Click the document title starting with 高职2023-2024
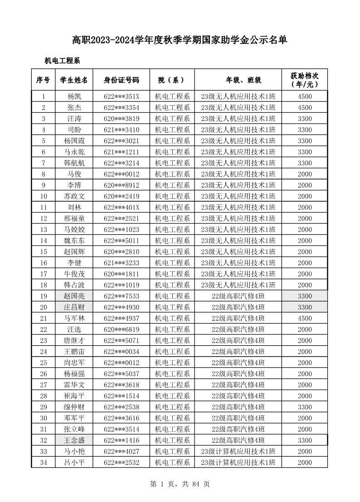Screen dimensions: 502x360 tap(180, 40)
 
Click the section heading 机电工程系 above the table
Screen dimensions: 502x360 tap(62, 60)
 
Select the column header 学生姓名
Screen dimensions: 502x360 tap(74, 80)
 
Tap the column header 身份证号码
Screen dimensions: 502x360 tap(121, 80)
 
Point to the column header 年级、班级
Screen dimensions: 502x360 tap(238, 80)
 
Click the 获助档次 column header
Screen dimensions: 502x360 tap(304, 80)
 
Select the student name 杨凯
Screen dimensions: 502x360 tap(74, 97)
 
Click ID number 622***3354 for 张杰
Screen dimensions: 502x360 tap(121, 107)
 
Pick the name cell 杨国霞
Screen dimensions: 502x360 tap(74, 141)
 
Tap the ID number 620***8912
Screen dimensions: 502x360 tap(121, 185)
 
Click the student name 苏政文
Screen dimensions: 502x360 tap(74, 196)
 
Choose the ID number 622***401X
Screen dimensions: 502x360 tap(121, 208)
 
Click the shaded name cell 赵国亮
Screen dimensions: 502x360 tap(74, 296)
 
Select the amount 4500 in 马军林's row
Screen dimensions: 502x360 tap(304, 319)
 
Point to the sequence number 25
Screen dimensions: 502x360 tap(44, 363)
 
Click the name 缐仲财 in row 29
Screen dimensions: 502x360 tap(74, 407)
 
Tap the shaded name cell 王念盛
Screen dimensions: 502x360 tap(74, 440)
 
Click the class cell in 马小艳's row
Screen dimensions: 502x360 tap(238, 452)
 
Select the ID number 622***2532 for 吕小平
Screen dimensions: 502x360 tap(121, 463)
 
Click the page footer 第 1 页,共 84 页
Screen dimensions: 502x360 tap(180, 484)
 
